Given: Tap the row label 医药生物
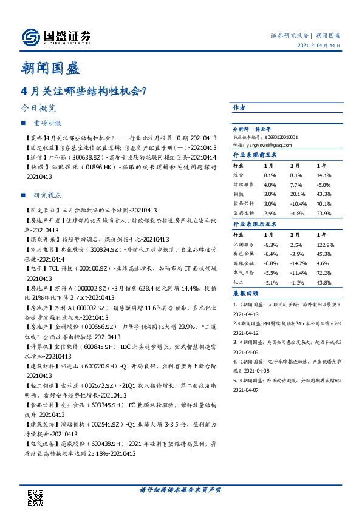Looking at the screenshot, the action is pyautogui.click(x=244, y=213).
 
